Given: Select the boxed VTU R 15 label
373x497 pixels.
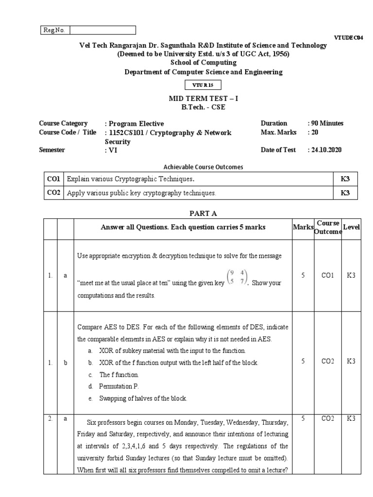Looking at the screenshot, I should pyautogui.click(x=203, y=85).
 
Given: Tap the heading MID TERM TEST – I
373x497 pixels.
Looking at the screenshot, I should pyautogui.click(x=203, y=98).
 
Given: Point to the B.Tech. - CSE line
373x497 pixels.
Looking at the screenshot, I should pyautogui.click(x=203, y=107).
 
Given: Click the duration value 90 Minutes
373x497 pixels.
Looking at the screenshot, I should pyautogui.click(x=327, y=123).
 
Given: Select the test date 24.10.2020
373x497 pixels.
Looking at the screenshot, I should pyautogui.click(x=326, y=150).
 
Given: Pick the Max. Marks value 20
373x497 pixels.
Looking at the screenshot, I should pyautogui.click(x=314, y=132).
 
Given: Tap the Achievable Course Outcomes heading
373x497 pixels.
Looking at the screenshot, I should pyautogui.click(x=203, y=167).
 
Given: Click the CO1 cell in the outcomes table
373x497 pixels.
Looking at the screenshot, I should pyautogui.click(x=53, y=179).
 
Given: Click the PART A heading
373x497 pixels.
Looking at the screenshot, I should pyautogui.click(x=203, y=213).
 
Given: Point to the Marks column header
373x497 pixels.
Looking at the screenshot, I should pyautogui.click(x=303, y=228).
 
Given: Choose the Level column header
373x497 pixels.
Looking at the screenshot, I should pyautogui.click(x=351, y=228).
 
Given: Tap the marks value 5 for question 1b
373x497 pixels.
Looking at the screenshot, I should pyautogui.click(x=303, y=362).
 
